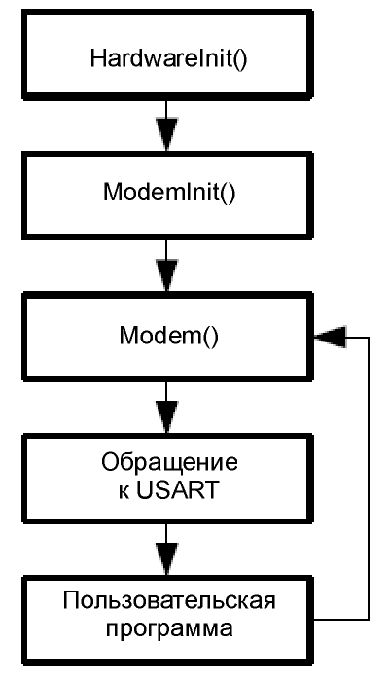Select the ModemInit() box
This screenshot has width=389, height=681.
[167, 196]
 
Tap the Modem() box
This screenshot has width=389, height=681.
[167, 337]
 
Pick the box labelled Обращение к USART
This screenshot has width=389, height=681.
[167, 478]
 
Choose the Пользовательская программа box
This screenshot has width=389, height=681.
[167, 621]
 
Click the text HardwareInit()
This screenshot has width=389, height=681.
[168, 59]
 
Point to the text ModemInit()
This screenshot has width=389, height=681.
[169, 193]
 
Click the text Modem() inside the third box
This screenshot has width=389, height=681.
[169, 336]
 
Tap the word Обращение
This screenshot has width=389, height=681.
[170, 464]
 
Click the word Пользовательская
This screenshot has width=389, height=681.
[169, 602]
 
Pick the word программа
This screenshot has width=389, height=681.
[169, 629]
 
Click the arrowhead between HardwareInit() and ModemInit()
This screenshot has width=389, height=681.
[166, 134]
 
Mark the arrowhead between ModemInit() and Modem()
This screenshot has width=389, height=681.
[166, 275]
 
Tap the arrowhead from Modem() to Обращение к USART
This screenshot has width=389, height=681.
[166, 417]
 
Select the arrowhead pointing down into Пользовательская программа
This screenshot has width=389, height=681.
[166, 558]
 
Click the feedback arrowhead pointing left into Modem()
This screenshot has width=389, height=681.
[330, 337]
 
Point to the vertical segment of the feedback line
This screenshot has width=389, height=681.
[369, 479]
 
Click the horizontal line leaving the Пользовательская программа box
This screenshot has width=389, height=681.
[341, 620]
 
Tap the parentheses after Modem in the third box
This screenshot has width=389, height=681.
[210, 337]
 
